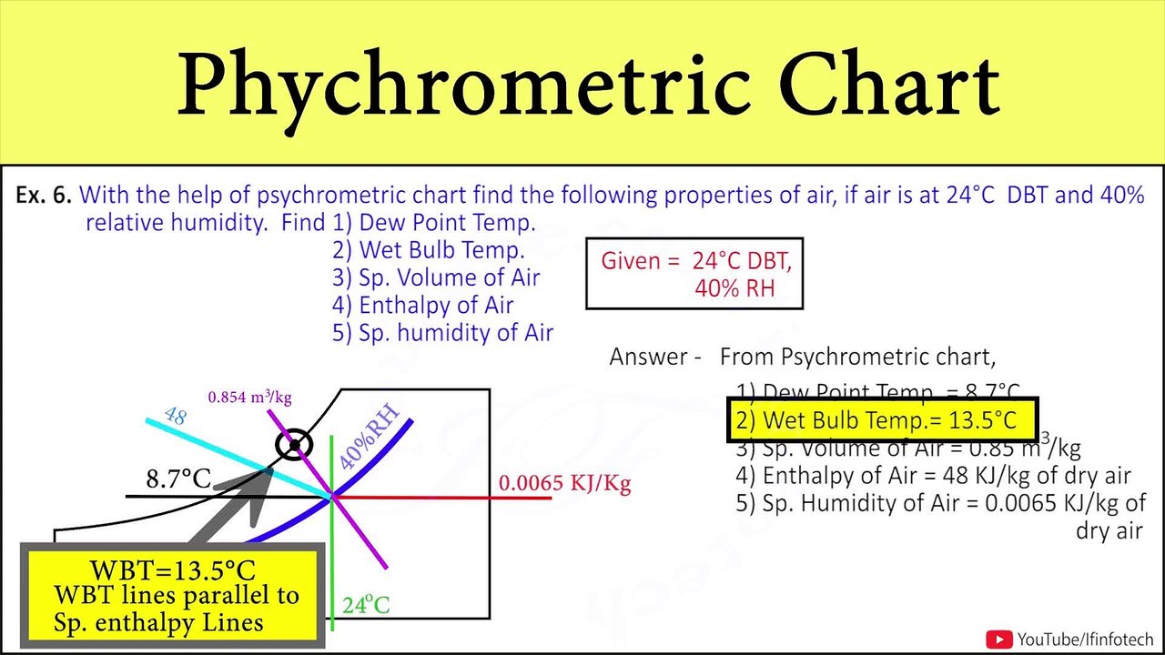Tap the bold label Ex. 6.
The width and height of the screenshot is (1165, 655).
point(44,195)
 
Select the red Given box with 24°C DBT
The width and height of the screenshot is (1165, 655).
point(694,275)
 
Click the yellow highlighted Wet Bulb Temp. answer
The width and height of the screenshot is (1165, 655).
point(882,420)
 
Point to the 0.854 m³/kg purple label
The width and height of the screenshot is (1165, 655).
point(249,398)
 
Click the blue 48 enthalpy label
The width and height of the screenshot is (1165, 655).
point(175,416)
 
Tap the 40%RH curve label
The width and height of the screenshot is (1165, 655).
point(369,438)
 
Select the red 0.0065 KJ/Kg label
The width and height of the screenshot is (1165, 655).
point(564,483)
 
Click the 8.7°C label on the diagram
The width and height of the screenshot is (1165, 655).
point(178,479)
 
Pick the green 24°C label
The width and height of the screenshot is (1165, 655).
point(366,605)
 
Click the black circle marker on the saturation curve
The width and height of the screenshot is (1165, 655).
point(294,445)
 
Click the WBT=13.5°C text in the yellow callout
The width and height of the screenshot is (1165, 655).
point(172,571)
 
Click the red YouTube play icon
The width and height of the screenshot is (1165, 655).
point(999,640)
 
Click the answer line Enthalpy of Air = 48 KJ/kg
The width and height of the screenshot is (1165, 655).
point(933,475)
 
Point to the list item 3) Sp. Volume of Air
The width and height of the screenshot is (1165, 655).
point(436,277)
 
